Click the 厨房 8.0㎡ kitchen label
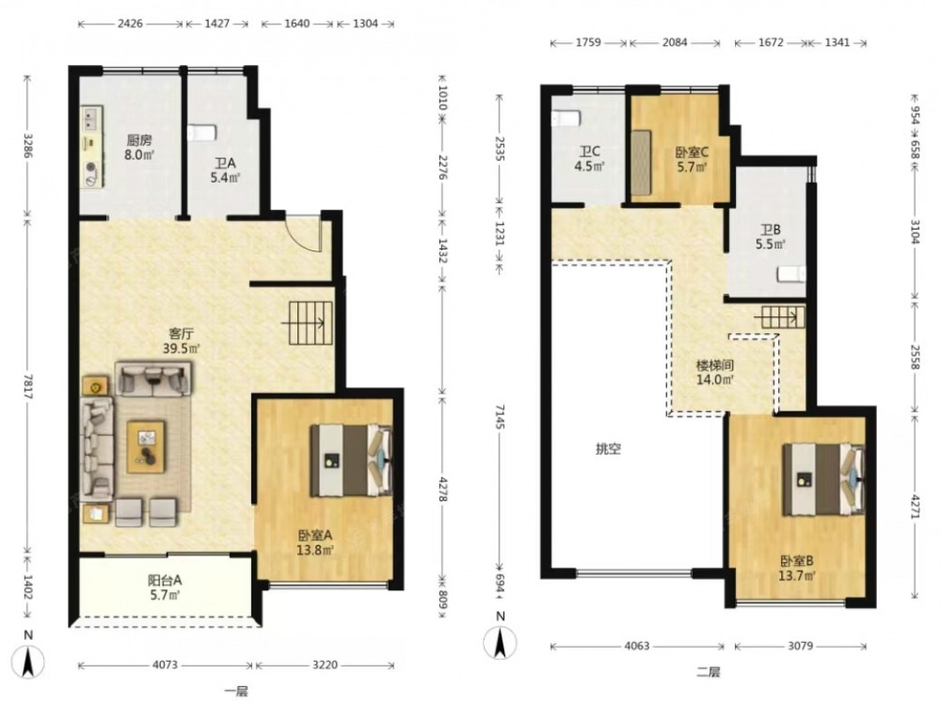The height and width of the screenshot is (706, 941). pyautogui.click(x=139, y=148)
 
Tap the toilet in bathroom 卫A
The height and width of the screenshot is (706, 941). pyautogui.click(x=201, y=132)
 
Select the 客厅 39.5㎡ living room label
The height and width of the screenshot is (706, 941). pyautogui.click(x=181, y=341)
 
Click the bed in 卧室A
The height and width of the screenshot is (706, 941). pyautogui.click(x=351, y=460)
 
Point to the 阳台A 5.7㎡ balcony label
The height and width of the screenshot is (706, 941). pyautogui.click(x=165, y=587)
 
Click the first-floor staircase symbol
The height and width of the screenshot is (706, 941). pyautogui.click(x=311, y=323)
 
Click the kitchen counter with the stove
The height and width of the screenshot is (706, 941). pyautogui.click(x=91, y=147)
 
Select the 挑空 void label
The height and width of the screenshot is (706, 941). pyautogui.click(x=608, y=448)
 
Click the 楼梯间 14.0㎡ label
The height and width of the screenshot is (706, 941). pyautogui.click(x=714, y=372)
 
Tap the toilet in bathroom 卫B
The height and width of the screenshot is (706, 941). pyautogui.click(x=791, y=274)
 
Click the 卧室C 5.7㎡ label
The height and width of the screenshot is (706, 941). pyautogui.click(x=692, y=160)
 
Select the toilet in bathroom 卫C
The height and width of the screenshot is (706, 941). pyautogui.click(x=566, y=118)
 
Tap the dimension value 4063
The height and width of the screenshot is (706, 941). pyautogui.click(x=637, y=646)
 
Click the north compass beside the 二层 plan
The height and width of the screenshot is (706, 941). pyautogui.click(x=500, y=641)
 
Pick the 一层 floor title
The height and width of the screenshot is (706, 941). pyautogui.click(x=236, y=691)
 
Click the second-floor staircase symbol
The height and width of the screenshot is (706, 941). pyautogui.click(x=783, y=317)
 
